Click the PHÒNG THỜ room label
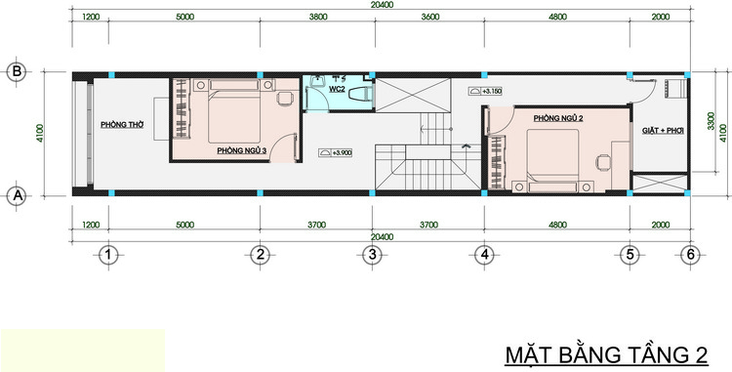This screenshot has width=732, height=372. [122, 125]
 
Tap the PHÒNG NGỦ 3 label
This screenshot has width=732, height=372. [241, 150]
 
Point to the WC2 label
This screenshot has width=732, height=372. [337, 89]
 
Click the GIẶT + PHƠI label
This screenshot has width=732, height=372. [663, 131]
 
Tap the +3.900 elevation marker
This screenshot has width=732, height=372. [335, 152]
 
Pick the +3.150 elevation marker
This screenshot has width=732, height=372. [485, 92]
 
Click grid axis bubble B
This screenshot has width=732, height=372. [18, 72]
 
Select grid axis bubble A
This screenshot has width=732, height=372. [18, 196]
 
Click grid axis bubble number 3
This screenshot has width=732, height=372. [372, 255]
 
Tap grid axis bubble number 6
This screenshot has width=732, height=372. [690, 255]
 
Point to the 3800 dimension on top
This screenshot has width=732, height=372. [318, 17]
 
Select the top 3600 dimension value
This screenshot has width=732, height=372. [430, 17]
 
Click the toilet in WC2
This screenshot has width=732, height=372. [360, 94]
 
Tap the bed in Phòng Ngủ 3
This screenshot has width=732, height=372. [234, 111]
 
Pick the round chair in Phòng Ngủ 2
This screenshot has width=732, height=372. [603, 162]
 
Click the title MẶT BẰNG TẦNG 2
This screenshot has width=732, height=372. [606, 355]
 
